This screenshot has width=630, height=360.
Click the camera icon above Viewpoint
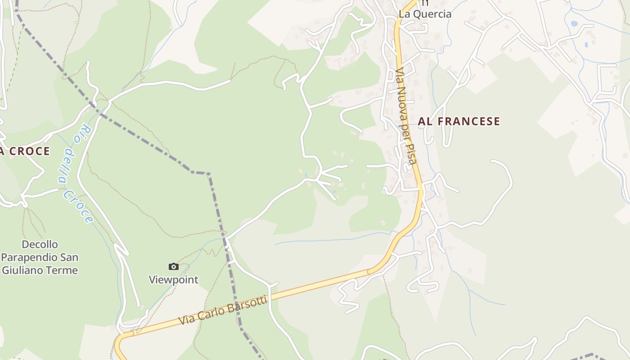(x=174, y=266)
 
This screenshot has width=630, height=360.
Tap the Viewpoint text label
(x=174, y=279)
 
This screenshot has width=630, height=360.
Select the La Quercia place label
(x=425, y=14)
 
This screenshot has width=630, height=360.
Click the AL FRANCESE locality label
(x=459, y=121)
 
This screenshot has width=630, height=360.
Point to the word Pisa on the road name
(x=411, y=153)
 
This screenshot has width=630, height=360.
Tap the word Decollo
(x=40, y=244)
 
